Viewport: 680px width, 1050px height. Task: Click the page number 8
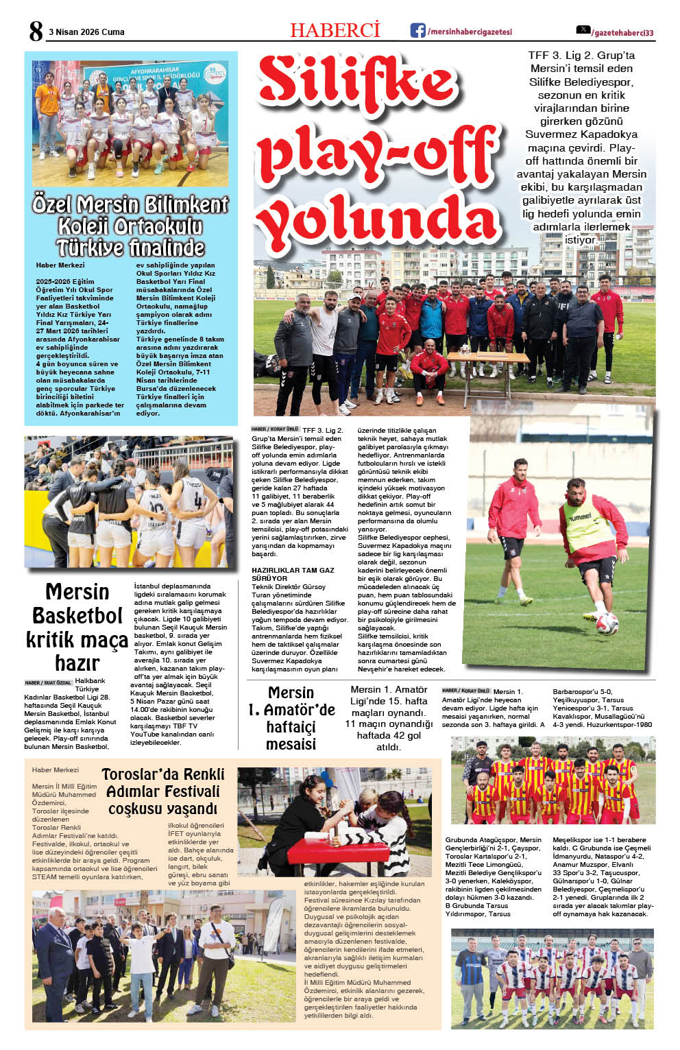(x=36, y=31)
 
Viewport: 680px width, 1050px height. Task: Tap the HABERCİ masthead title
(x=335, y=30)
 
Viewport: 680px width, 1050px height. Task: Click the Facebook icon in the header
(x=417, y=30)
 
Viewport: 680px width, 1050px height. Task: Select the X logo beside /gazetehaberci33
(x=583, y=30)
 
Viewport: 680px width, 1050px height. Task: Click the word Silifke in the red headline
(x=358, y=83)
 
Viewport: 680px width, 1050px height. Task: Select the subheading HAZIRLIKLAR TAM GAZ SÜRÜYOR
(x=293, y=574)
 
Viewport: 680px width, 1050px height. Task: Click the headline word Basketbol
(x=77, y=615)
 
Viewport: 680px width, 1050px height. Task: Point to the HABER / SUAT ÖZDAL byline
(x=48, y=683)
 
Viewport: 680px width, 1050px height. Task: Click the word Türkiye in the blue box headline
(x=91, y=248)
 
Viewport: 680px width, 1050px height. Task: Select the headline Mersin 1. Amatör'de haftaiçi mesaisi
(x=291, y=718)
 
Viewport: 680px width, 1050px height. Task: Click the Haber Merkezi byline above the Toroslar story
(x=56, y=770)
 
